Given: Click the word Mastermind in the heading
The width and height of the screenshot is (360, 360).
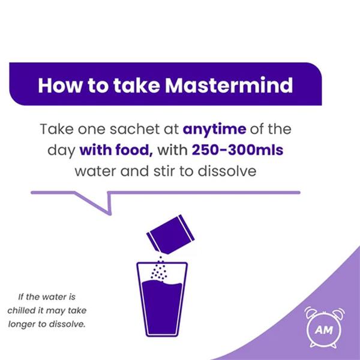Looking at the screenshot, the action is coord(229,85).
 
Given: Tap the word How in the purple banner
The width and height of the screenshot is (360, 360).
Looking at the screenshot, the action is coord(59,85).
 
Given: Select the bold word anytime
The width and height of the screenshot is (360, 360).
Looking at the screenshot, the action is coord(214,130).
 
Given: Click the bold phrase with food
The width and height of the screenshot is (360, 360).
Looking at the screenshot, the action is coord(116,150).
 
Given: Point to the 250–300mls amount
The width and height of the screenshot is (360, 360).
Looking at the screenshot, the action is coord(238,150).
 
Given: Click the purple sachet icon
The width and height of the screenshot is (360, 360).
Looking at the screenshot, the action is coord(170,235).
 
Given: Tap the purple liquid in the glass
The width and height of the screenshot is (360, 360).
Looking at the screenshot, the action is coord(162,307).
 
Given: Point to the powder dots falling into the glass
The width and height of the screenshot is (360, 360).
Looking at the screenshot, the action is coord(158,269).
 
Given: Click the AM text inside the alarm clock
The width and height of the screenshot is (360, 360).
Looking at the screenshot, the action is coord(324,330).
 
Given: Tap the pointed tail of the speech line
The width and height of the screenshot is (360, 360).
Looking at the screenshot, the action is coord(110,214).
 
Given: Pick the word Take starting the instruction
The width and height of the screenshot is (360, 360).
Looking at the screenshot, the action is coord(57,129).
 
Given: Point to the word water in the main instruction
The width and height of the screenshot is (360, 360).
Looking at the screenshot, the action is coord(95,171).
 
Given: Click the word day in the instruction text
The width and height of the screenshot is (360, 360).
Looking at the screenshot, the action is coord(61,151).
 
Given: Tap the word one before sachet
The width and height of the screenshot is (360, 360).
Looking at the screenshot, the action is coord(91,130).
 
